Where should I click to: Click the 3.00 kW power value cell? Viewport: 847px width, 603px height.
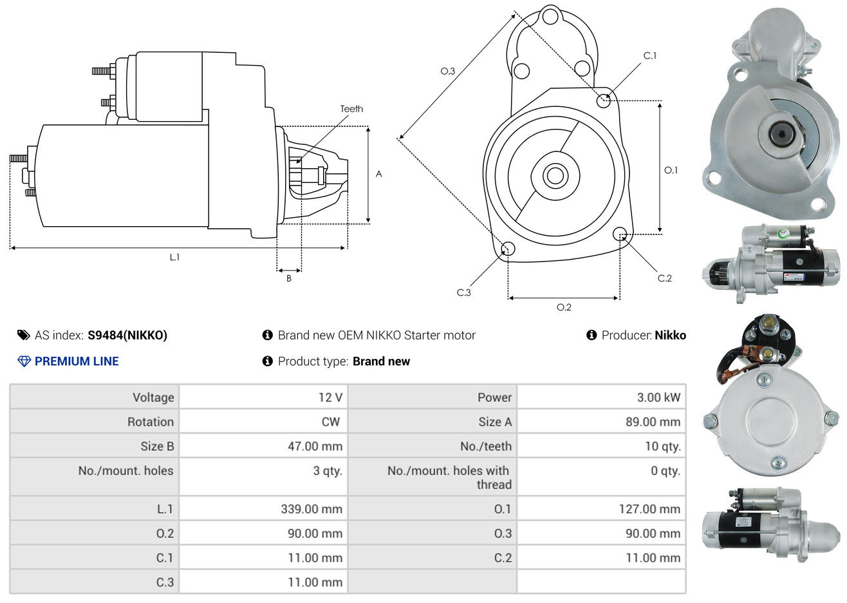click(658, 397)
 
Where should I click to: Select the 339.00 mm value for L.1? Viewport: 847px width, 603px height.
click(312, 509)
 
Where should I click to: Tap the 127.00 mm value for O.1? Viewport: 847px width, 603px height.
click(649, 509)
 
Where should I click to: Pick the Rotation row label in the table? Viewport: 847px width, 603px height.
click(151, 422)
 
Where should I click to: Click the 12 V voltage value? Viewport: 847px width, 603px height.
click(330, 397)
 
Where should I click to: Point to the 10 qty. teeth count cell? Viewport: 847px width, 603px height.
click(662, 446)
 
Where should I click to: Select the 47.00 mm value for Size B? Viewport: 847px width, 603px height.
click(315, 446)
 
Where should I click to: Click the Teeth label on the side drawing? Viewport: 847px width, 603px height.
click(351, 109)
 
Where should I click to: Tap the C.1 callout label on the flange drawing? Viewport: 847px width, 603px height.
click(649, 55)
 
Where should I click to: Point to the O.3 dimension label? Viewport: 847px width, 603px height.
click(448, 71)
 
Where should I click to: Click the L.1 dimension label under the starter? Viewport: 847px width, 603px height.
click(174, 258)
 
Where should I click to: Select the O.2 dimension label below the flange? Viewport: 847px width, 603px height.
click(564, 307)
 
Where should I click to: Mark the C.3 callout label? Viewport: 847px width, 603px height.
click(463, 292)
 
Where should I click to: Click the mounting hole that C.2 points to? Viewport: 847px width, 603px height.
click(619, 234)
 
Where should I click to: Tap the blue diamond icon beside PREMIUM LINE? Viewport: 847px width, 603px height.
click(24, 361)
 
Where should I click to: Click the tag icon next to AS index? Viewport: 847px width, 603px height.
click(23, 336)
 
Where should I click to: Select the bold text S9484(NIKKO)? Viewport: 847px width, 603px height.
click(127, 336)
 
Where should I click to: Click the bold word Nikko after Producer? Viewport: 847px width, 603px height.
click(670, 336)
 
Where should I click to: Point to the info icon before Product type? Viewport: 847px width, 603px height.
click(267, 361)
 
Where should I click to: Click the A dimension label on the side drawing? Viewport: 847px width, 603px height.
click(378, 174)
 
